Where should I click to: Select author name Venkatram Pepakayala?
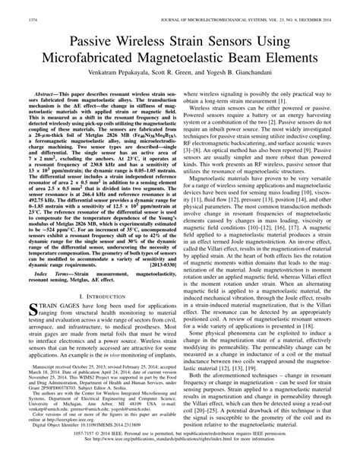click(118, 77)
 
